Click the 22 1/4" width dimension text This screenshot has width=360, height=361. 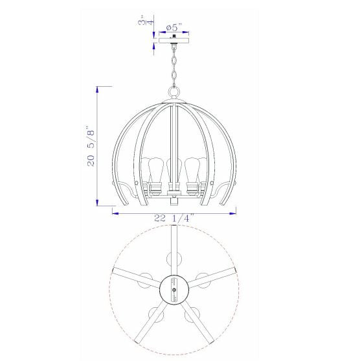174,218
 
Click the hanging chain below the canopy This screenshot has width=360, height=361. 174,65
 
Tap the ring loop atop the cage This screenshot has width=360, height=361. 174,93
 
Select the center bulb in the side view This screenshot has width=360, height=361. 174,170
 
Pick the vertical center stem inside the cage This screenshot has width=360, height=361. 174,130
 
